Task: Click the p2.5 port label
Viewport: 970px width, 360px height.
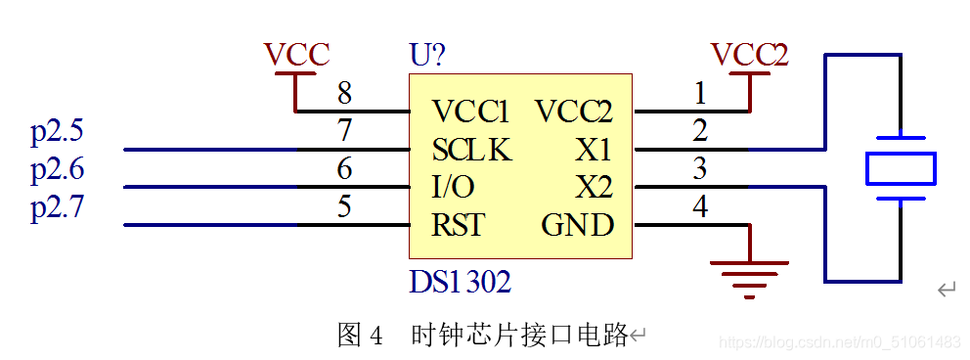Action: pos(57,131)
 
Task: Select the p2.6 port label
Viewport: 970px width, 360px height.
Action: pos(57,170)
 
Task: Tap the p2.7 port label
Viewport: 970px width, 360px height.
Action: pos(57,207)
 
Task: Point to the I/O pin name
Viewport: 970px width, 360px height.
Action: pos(454,187)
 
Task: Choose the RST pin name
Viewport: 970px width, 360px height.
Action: pos(458,225)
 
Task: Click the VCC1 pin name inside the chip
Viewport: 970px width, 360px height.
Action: pos(470,112)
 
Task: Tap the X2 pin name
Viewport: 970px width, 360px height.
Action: pos(593,187)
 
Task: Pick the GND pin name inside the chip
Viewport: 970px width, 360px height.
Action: pos(577,225)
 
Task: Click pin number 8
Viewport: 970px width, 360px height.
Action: pos(344,94)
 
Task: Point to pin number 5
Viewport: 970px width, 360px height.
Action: pos(344,206)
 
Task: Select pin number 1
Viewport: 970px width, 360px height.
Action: pos(700,94)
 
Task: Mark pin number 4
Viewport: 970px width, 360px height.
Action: pos(700,206)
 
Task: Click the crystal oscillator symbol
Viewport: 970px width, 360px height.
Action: pos(901,168)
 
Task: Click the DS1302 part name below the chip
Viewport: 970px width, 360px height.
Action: pos(460,283)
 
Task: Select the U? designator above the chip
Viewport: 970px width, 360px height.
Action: pos(430,55)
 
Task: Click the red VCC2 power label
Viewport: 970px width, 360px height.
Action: pos(749,55)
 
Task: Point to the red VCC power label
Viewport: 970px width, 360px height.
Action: pos(296,55)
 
